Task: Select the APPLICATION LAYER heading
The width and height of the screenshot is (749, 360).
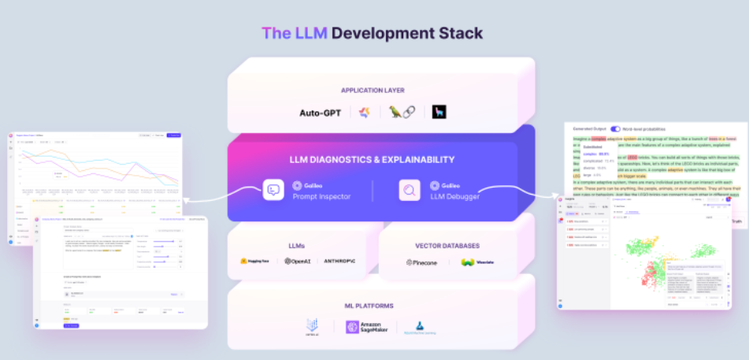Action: tap(373, 90)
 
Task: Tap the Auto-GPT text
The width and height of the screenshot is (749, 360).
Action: tap(321, 113)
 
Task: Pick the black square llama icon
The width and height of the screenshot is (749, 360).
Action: tap(438, 112)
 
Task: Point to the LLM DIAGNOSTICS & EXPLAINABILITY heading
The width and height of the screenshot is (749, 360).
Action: tap(373, 159)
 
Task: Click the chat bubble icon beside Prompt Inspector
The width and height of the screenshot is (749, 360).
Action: tap(273, 191)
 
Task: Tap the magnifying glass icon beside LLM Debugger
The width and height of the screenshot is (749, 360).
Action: tap(410, 191)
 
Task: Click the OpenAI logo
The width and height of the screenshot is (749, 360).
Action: tap(299, 261)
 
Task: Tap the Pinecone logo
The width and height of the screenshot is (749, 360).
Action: tap(421, 262)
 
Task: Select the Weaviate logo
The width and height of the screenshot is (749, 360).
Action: tap(477, 262)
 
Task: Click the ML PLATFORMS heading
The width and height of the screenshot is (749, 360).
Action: tap(373, 305)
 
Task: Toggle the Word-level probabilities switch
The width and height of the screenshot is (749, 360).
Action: tap(616, 128)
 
